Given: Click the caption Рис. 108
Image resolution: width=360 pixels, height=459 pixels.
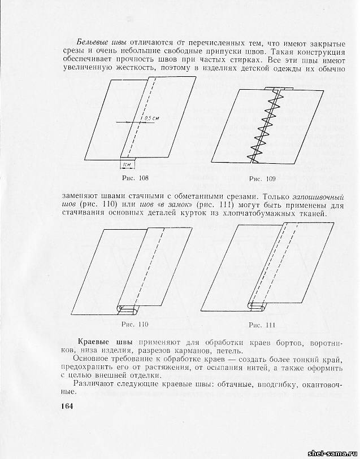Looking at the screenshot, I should coord(135,179).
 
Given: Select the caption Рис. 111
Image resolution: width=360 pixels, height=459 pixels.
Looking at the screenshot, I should coord(262,325).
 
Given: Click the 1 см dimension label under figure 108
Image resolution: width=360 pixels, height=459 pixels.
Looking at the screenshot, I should coord(127,165).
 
